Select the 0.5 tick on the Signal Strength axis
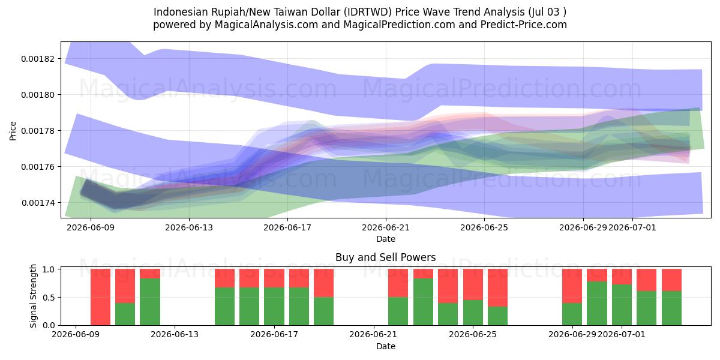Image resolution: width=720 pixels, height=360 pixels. tap(49, 298)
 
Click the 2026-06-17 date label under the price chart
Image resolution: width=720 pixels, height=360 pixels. tap(287, 227)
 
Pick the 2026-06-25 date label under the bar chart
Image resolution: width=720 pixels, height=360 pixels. tap(473, 334)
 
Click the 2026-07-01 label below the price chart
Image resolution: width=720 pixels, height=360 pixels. tap(632, 227)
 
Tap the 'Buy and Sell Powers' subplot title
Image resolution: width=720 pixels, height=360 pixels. tap(386, 257)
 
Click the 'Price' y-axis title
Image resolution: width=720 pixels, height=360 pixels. tap(13, 131)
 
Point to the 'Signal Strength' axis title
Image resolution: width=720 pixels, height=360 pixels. tap(33, 296)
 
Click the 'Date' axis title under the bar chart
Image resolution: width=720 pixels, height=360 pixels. tap(386, 346)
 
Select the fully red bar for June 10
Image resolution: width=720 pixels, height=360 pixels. tap(100, 297)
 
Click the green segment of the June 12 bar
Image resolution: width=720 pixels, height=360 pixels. tap(150, 302)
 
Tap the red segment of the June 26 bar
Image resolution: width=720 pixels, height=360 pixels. tap(497, 287)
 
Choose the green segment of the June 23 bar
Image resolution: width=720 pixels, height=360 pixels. tap(423, 302)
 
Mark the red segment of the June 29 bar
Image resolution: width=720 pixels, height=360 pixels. tap(572, 286)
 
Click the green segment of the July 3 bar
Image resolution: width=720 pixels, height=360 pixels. tap(671, 308)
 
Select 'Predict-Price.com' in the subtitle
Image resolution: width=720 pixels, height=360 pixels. tap(524, 25)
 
